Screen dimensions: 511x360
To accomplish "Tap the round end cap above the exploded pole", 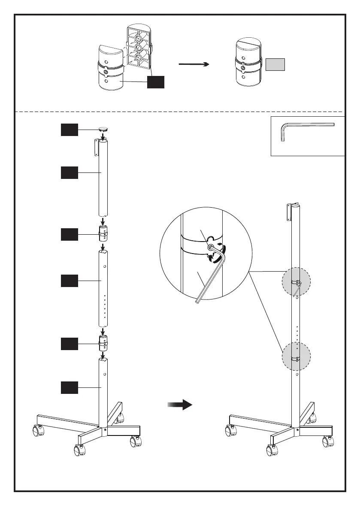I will tap(103, 128).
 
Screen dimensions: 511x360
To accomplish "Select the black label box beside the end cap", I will tap(69, 130).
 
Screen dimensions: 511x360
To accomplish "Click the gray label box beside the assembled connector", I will tap(275, 64).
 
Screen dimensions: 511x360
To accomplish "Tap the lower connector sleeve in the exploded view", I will tap(103, 344).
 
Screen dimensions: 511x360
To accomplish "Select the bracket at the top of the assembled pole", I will tap(289, 211).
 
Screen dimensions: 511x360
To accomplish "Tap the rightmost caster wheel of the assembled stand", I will tap(328, 441).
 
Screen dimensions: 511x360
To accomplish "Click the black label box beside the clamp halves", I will tap(155, 82).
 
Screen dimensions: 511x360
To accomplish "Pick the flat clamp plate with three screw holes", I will tap(138, 47).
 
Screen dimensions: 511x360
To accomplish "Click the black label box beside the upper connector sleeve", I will tap(69, 235).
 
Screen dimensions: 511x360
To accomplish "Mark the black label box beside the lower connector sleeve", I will tap(69, 344).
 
